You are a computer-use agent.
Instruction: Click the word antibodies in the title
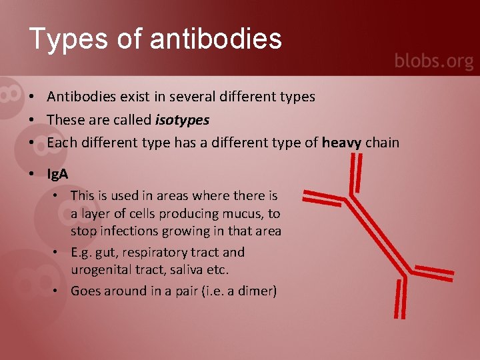tap(216, 39)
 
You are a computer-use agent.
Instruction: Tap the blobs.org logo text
tap(433, 61)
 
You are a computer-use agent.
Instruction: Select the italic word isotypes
tap(182, 120)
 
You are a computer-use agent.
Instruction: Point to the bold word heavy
tap(341, 142)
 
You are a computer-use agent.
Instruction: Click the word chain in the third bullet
tap(382, 142)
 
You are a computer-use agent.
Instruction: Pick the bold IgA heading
tap(57, 174)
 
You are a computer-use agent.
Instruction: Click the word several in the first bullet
tap(191, 97)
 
